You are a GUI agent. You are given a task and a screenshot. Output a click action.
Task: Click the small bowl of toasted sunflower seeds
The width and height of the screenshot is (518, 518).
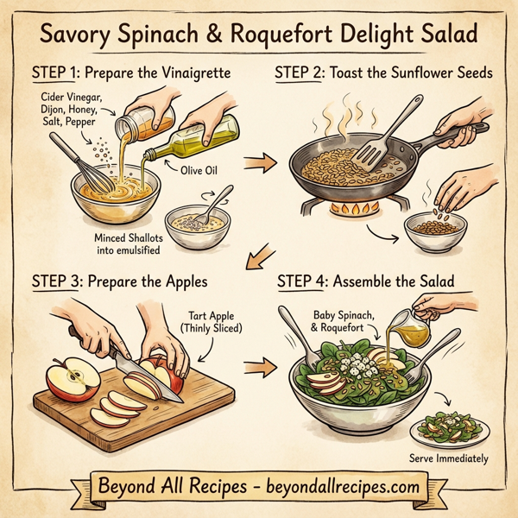[435, 230]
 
